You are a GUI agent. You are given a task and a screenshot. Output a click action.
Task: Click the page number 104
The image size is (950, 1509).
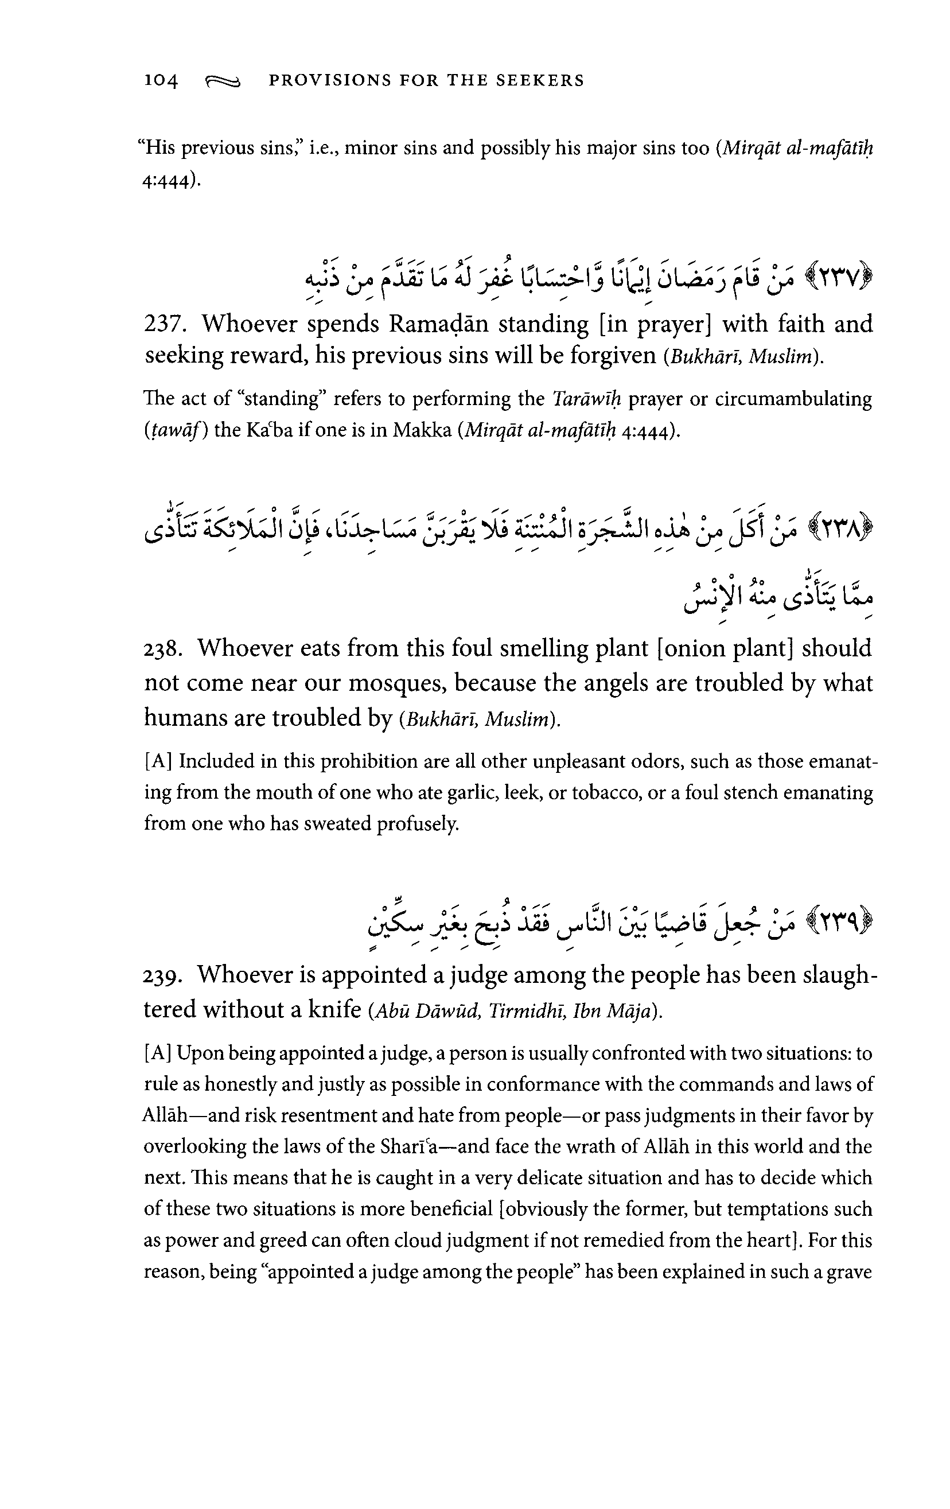[x=161, y=81]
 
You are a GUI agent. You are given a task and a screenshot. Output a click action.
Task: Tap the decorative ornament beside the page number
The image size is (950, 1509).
[x=223, y=81]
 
